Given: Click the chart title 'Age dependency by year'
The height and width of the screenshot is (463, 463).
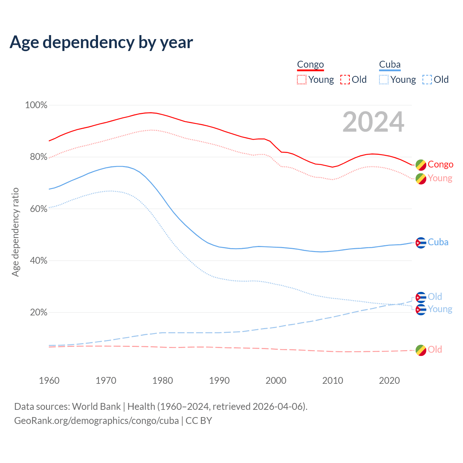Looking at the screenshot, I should pyautogui.click(x=101, y=42).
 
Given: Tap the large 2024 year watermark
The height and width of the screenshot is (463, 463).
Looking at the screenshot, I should pyautogui.click(x=373, y=122).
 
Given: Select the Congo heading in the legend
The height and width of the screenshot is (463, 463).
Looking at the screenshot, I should pyautogui.click(x=310, y=64).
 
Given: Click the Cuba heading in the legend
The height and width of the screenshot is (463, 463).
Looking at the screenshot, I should pyautogui.click(x=390, y=64).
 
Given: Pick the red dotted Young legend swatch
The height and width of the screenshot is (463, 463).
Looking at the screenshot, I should pyautogui.click(x=301, y=80).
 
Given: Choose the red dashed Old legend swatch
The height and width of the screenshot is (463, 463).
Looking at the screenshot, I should pyautogui.click(x=345, y=80).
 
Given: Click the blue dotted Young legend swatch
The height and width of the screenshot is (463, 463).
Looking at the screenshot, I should pyautogui.click(x=384, y=80).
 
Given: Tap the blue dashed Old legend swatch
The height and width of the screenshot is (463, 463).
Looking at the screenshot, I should pyautogui.click(x=427, y=80).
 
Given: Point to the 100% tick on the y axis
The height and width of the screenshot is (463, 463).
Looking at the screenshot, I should pyautogui.click(x=36, y=105).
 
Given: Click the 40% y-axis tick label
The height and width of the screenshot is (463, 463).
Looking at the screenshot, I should pyautogui.click(x=39, y=261).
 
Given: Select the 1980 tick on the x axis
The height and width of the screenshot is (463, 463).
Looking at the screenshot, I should pyautogui.click(x=163, y=381).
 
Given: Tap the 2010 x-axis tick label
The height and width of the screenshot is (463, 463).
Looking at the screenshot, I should pyautogui.click(x=333, y=381).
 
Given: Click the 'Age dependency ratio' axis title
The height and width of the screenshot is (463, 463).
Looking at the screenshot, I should pyautogui.click(x=15, y=232).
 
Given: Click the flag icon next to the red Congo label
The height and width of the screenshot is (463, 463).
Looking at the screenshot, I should pyautogui.click(x=421, y=165).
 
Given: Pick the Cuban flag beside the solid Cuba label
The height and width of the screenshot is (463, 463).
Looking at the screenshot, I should pyautogui.click(x=421, y=243).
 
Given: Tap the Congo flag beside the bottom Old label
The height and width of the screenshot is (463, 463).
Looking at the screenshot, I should pyautogui.click(x=421, y=350).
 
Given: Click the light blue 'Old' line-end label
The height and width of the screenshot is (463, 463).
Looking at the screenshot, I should pyautogui.click(x=435, y=297).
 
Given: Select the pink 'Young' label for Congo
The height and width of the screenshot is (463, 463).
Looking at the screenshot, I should pyautogui.click(x=440, y=178).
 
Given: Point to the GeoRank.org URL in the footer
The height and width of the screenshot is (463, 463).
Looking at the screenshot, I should pyautogui.click(x=97, y=421).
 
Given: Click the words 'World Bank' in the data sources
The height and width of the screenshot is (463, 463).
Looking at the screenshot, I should pyautogui.click(x=96, y=407).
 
